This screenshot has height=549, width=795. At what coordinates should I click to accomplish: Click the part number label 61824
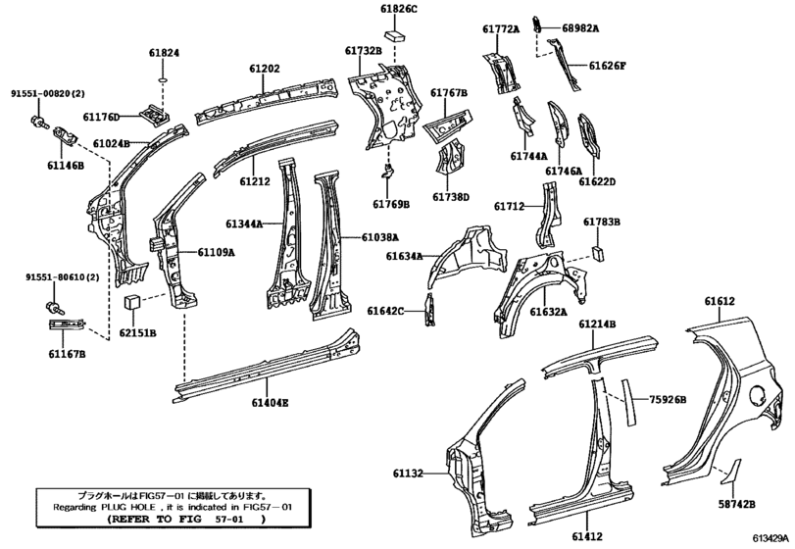(x=164, y=53)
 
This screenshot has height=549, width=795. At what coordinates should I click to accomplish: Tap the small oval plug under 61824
(x=164, y=79)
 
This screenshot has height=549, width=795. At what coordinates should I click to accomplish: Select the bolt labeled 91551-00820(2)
(x=37, y=121)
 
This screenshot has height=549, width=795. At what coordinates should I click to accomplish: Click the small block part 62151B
(x=131, y=302)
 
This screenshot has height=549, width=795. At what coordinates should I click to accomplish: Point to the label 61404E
(x=270, y=403)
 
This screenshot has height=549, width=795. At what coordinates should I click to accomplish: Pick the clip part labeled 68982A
(x=536, y=25)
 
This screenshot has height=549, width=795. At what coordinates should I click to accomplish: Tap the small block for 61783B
(x=598, y=253)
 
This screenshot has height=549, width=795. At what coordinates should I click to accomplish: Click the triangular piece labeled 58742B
(x=731, y=472)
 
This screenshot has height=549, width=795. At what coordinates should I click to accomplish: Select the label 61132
(x=408, y=474)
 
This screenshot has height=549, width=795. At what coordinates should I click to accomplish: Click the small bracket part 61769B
(x=388, y=171)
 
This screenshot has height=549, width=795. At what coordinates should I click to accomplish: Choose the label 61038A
(x=379, y=236)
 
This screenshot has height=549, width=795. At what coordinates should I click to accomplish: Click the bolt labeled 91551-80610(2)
(x=53, y=306)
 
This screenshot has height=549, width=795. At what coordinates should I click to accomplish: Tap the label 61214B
(x=597, y=324)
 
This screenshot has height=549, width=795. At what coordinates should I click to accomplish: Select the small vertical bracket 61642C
(x=430, y=310)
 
